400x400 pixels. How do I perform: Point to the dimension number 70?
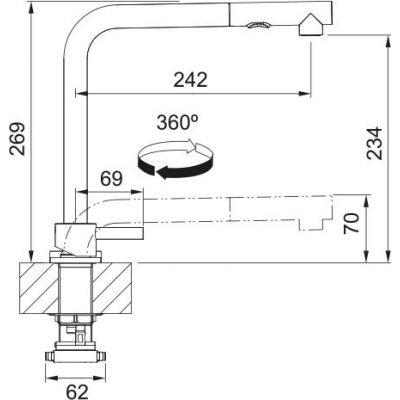(348, 220)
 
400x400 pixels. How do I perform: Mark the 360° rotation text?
(177, 123)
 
